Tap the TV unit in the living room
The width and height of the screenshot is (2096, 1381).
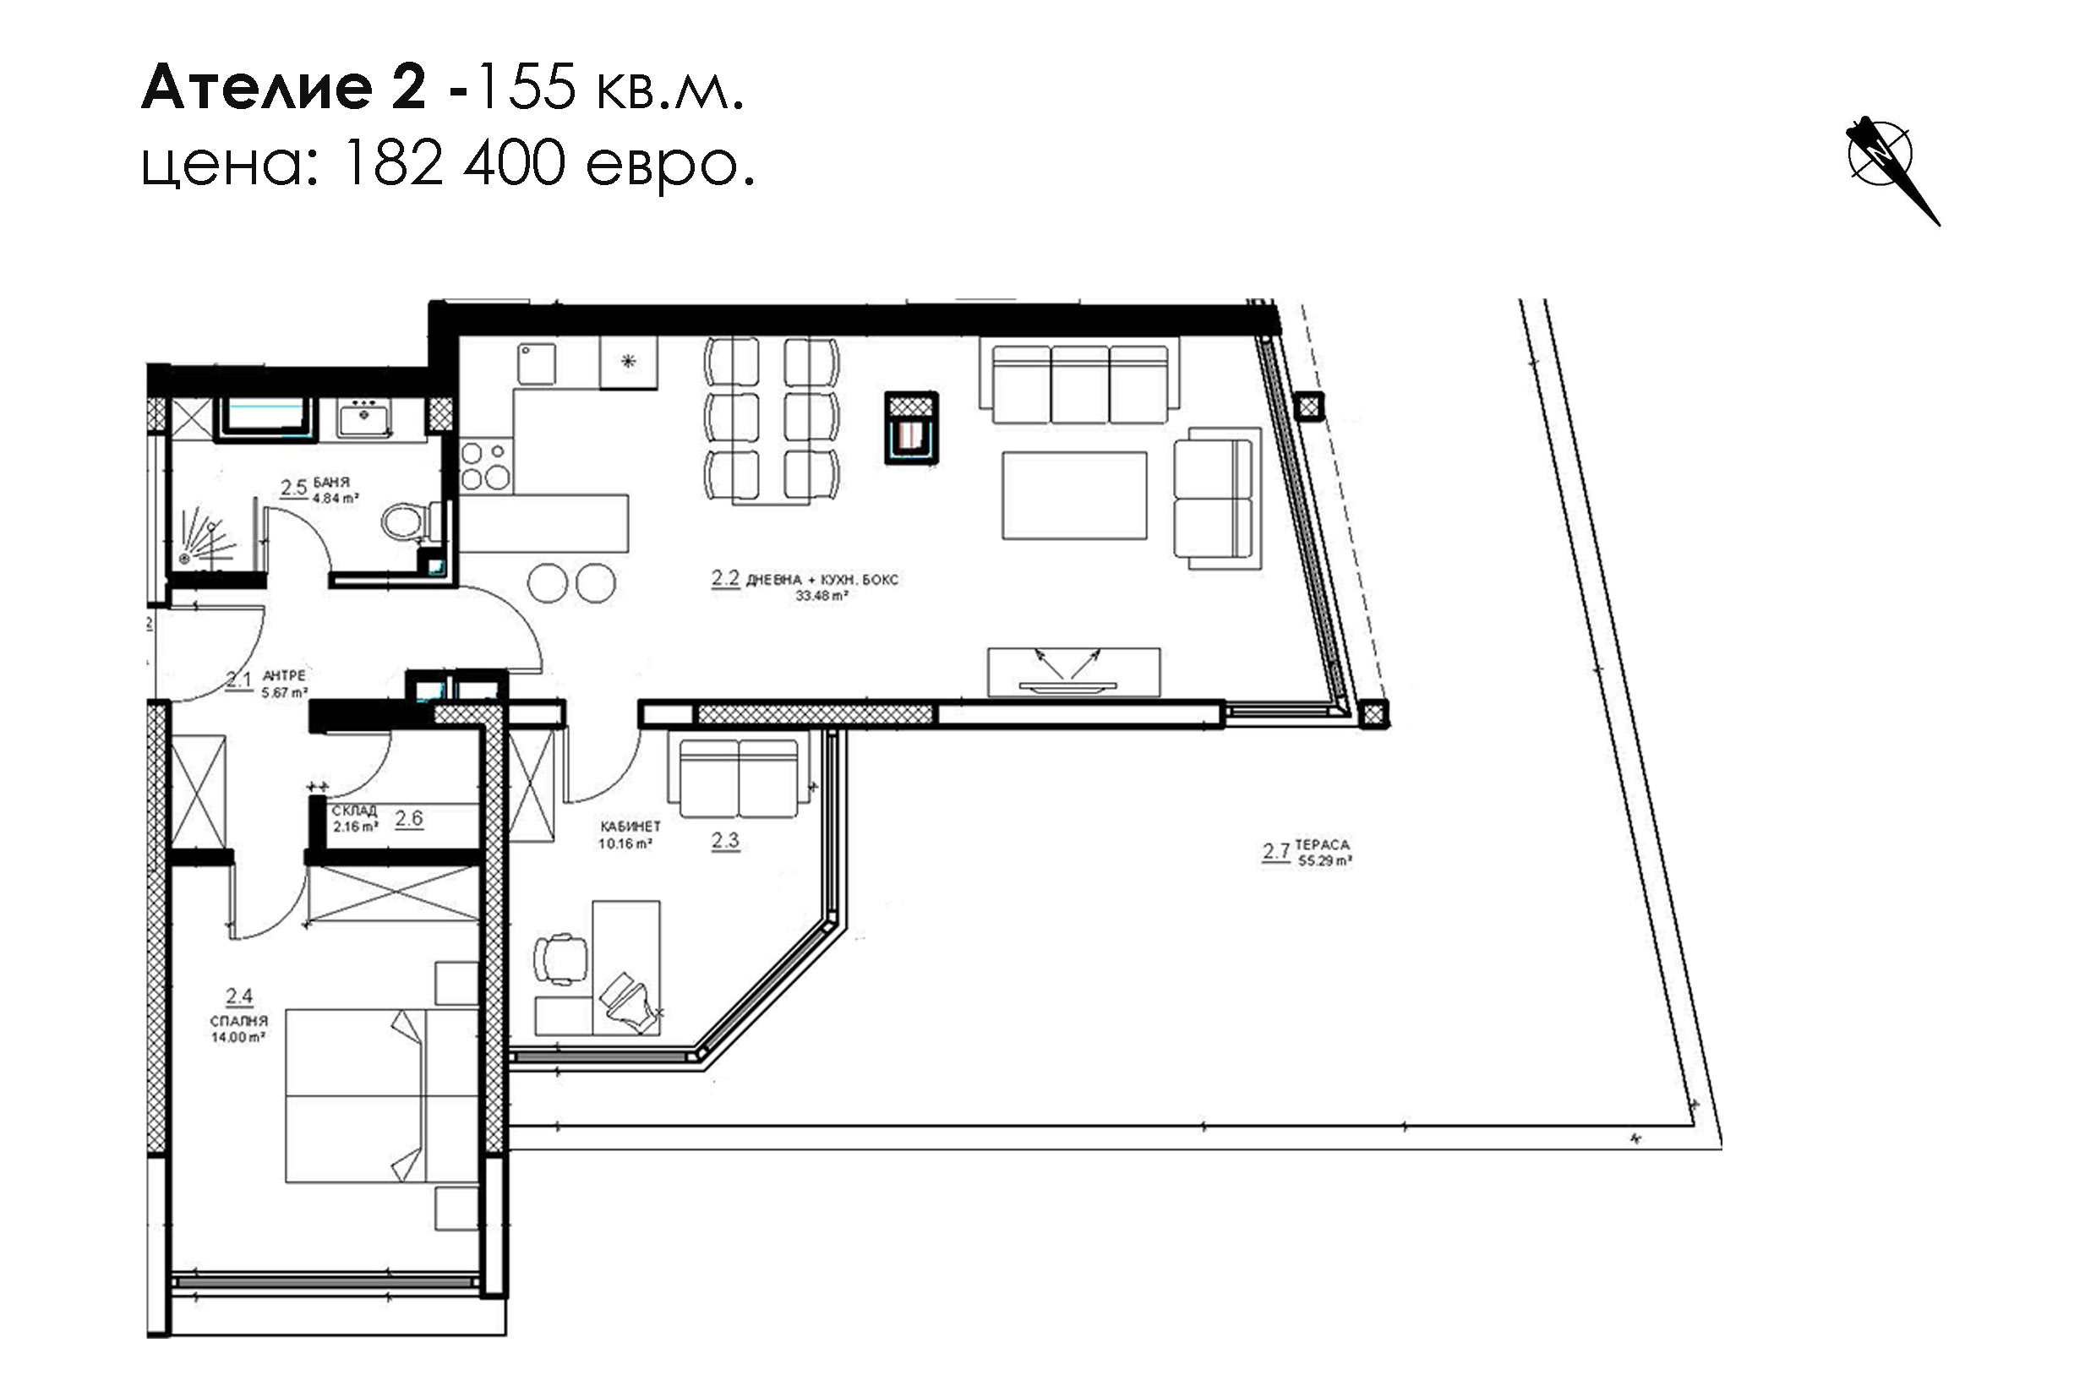tap(1073, 672)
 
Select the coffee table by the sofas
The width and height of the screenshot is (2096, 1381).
tap(1074, 495)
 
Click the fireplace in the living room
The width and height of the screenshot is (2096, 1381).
tap(911, 428)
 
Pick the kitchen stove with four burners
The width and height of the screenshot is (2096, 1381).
tap(485, 465)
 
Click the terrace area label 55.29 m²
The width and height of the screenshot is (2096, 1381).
tap(1324, 860)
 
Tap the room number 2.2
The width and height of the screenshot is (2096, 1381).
tap(725, 578)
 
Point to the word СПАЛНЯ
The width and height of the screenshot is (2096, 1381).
tap(238, 1021)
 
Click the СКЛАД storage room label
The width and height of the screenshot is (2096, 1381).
tap(354, 811)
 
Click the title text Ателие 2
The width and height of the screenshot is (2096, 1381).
tap(284, 87)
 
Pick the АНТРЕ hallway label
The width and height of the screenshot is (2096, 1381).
tap(285, 675)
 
